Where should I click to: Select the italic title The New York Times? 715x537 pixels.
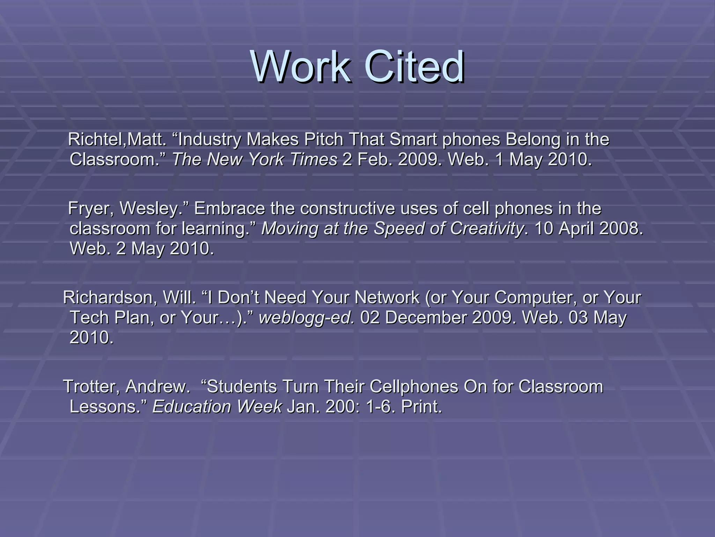pos(255,160)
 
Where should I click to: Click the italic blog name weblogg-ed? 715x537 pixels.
pos(307,318)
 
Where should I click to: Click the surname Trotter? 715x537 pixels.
pos(91,387)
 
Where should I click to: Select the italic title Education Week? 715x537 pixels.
pos(217,407)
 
